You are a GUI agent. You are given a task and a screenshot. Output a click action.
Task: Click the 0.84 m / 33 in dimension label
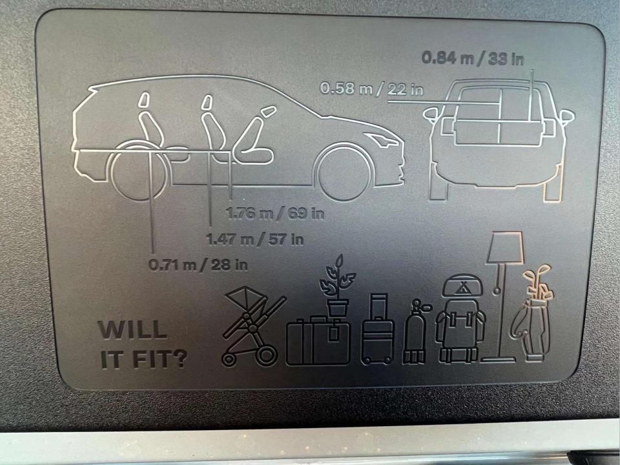473,59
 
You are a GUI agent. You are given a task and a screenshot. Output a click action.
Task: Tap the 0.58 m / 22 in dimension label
371,88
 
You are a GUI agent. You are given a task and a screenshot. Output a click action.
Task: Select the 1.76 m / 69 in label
275,214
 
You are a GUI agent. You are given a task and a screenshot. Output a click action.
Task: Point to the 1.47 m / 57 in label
255,239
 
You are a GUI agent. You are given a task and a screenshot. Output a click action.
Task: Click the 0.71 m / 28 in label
198,265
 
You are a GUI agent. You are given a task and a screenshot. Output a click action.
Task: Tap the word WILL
132,329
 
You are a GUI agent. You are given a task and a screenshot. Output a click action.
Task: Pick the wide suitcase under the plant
318,340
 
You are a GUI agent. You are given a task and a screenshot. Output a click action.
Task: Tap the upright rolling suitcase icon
378,329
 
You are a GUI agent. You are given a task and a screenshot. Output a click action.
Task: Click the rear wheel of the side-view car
137,170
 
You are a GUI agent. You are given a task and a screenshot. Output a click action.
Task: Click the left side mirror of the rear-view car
432,114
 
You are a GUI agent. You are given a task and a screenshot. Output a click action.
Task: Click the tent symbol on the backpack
460,288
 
